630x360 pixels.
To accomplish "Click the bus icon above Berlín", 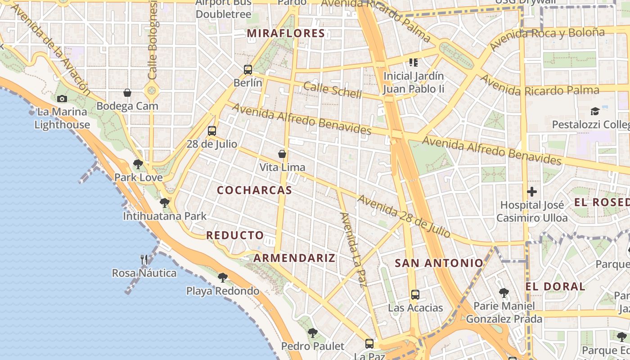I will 248,70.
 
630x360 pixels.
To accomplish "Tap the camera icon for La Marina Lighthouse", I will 62,99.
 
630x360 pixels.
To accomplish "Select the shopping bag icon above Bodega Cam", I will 127,93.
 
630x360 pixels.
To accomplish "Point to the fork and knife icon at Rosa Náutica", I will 144,260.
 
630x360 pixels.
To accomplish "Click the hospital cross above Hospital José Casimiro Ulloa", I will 532,192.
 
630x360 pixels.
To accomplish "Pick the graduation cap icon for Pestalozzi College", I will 595,111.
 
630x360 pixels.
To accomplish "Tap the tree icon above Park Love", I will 138,164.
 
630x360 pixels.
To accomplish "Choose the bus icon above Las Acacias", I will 415,295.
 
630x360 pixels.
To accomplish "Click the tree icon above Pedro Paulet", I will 312,333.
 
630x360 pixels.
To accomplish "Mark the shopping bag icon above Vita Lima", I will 282,154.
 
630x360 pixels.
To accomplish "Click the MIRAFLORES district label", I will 286,33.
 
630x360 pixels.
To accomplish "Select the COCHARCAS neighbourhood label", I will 255,190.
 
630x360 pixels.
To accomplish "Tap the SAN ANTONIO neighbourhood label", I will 439,263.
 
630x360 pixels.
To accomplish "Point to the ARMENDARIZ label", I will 294,258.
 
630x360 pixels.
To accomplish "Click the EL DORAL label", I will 555,287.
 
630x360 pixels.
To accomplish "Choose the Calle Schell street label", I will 332,90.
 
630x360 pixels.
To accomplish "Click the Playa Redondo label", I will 223,291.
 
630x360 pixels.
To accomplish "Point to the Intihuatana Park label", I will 165,216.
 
